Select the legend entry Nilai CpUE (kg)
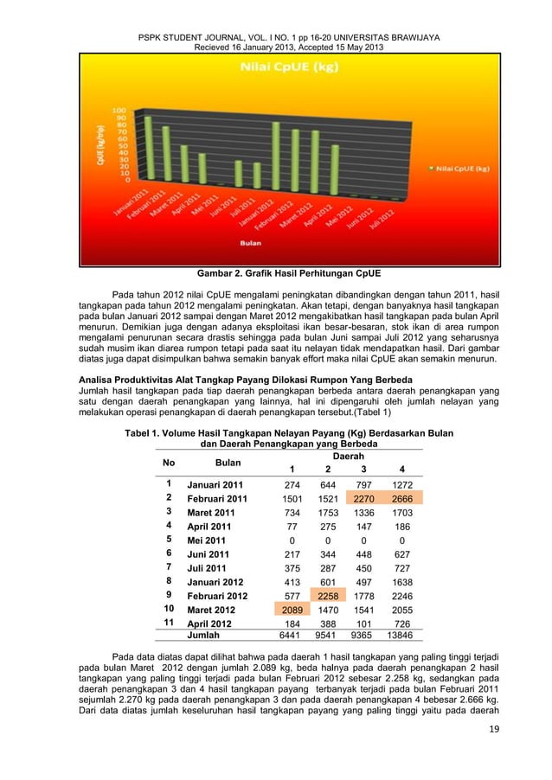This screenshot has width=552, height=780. tap(462, 168)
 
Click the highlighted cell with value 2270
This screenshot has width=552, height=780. tap(363, 499)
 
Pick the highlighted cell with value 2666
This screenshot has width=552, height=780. tap(401, 499)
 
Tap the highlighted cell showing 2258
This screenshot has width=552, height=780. tap(327, 596)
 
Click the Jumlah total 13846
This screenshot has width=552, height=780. tap(401, 636)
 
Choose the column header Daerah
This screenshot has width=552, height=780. tap(348, 456)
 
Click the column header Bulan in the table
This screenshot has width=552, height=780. tap(228, 463)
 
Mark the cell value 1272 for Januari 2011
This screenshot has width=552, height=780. tap(401, 485)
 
